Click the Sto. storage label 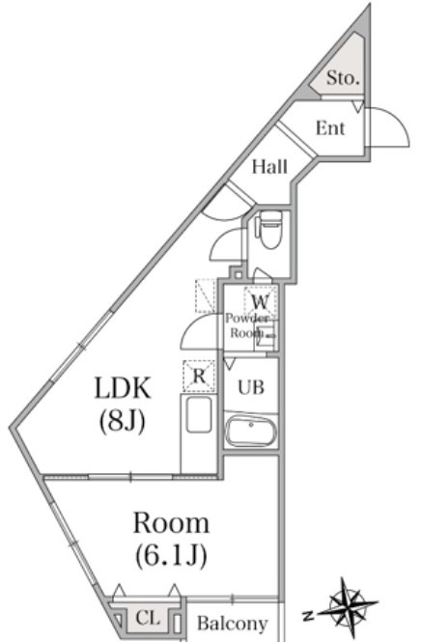click(x=343, y=77)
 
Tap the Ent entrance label click(x=330, y=128)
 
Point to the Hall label click(x=269, y=167)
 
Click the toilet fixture click(x=268, y=229)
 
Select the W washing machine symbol click(x=259, y=302)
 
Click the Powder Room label click(x=246, y=325)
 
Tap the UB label click(x=251, y=387)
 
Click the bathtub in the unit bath click(x=251, y=431)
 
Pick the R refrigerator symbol click(x=199, y=376)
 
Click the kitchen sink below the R click(x=199, y=414)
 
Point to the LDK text click(x=123, y=388)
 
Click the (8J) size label click(x=122, y=421)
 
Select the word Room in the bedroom click(x=171, y=523)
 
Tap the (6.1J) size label click(x=171, y=556)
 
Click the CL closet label click(x=148, y=618)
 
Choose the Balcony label click(x=232, y=623)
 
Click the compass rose click(x=348, y=603)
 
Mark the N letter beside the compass click(x=308, y=614)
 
